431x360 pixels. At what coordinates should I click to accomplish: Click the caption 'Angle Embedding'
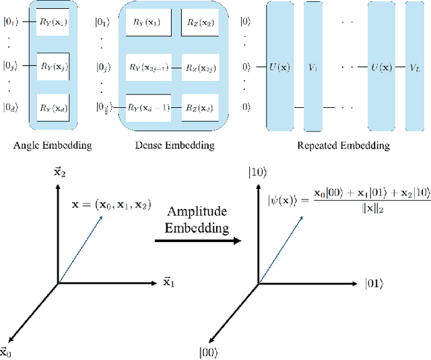point(53,144)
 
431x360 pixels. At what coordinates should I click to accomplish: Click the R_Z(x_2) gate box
point(200,22)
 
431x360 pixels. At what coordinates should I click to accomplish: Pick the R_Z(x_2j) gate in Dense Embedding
point(201,67)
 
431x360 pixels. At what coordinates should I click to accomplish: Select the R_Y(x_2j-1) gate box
point(149,67)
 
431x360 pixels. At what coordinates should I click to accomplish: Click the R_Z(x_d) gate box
point(200,107)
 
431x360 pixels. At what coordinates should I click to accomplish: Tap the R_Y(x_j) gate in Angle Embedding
point(53,66)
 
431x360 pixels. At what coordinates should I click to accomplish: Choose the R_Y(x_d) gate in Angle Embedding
point(53,107)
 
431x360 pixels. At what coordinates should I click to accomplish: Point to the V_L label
point(415,67)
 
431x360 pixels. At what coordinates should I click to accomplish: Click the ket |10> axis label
point(260,173)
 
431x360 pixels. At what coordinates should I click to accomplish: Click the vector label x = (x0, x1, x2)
point(121,202)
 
